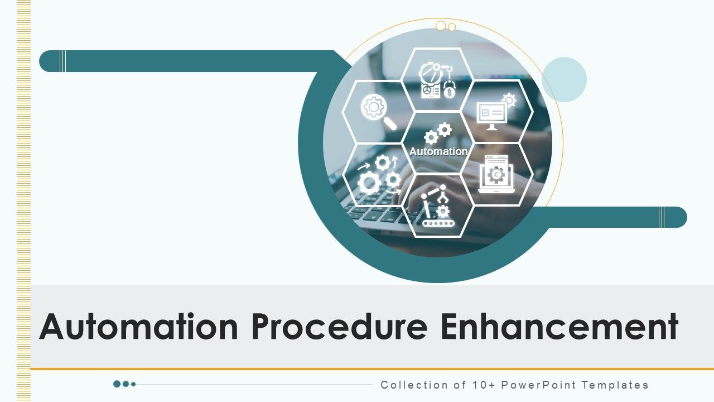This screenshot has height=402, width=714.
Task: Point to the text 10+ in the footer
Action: click(x=483, y=385)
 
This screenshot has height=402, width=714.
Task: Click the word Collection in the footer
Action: click(x=407, y=385)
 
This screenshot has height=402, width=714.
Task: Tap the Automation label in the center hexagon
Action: click(x=438, y=151)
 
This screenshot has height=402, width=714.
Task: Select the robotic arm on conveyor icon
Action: click(x=438, y=207)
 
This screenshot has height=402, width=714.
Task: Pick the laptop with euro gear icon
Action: click(x=496, y=174)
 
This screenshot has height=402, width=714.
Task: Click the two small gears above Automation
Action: click(x=438, y=133)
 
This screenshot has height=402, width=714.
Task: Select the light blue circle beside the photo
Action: click(x=564, y=79)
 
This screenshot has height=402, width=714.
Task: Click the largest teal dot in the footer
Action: click(x=117, y=384)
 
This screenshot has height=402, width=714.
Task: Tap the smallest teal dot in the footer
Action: click(x=133, y=384)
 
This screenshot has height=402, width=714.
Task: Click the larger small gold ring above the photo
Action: click(x=441, y=26)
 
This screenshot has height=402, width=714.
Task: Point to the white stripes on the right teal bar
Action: click(x=662, y=217)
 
